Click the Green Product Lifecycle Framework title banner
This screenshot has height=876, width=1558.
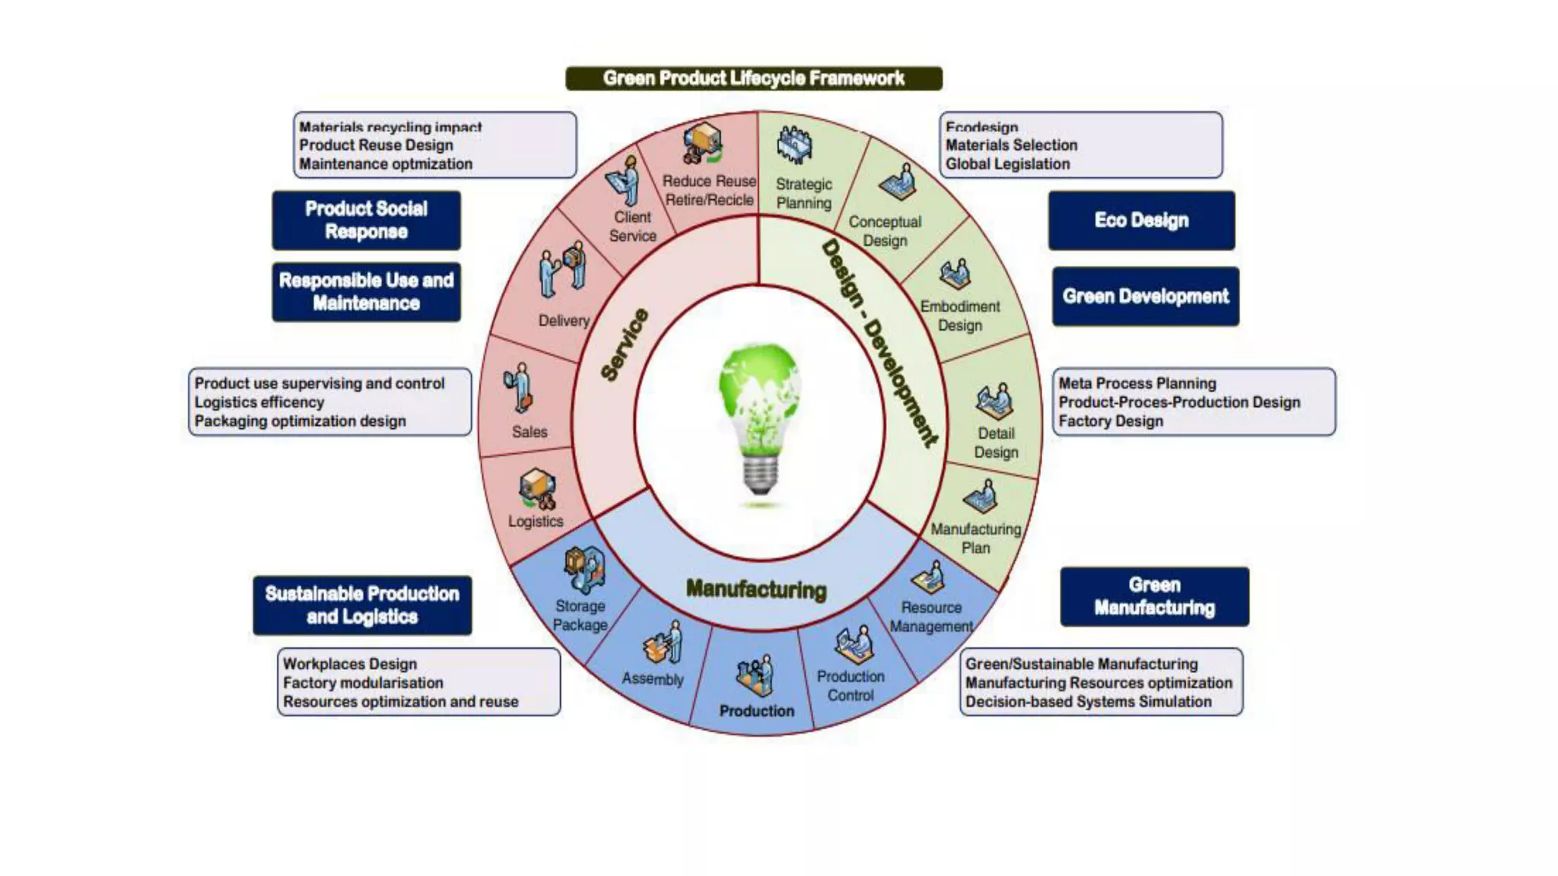tap(753, 78)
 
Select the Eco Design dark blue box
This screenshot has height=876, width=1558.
tap(1141, 221)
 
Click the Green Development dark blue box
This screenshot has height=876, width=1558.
tap(1145, 297)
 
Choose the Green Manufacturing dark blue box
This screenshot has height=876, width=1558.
tap(1154, 597)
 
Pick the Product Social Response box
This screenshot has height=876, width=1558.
tap(366, 221)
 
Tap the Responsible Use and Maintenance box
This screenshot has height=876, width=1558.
tap(366, 292)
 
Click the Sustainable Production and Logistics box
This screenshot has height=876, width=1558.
tap(362, 605)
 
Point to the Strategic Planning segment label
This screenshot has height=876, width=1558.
tap(803, 194)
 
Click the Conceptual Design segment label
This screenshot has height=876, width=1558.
tap(885, 231)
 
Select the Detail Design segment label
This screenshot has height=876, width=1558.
tap(996, 443)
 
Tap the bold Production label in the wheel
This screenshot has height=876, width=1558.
tap(756, 711)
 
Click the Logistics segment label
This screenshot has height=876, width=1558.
tap(536, 522)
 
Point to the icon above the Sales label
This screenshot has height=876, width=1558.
tap(519, 388)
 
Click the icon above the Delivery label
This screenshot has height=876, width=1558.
tap(563, 270)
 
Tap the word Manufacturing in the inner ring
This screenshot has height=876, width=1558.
tap(755, 589)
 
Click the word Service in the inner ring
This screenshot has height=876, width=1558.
tap(625, 344)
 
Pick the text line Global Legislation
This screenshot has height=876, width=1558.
tap(1007, 164)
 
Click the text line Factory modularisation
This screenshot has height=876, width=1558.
tap(363, 683)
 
